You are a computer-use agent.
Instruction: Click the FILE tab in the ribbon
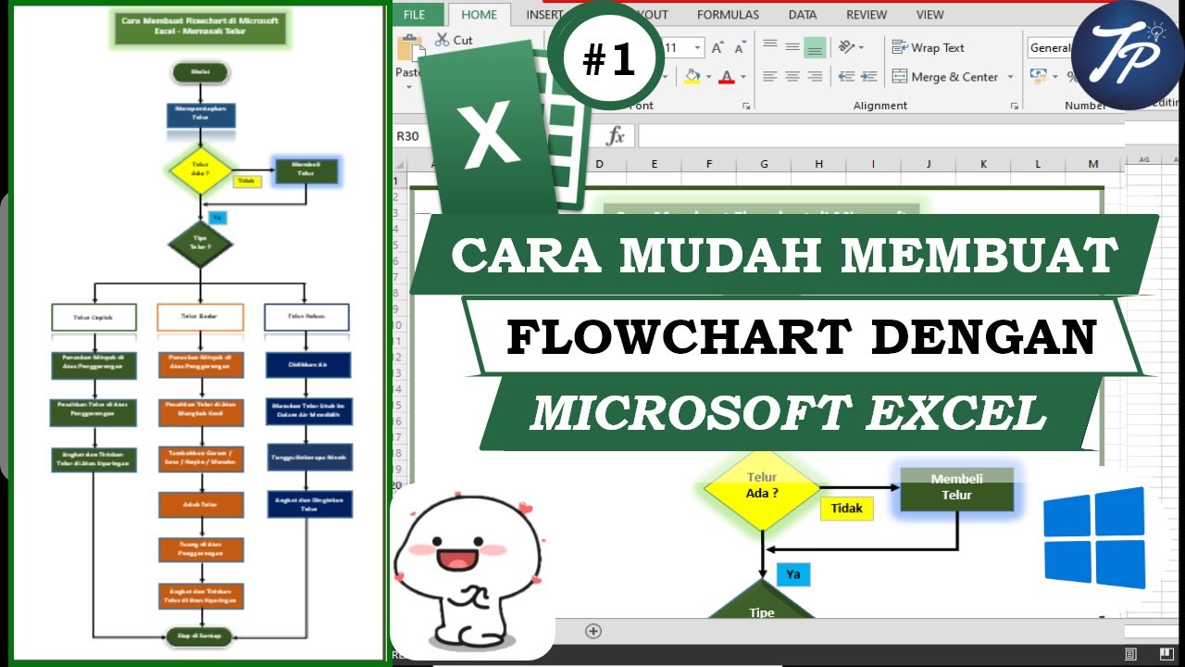[x=414, y=15]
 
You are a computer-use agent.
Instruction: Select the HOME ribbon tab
[x=479, y=15]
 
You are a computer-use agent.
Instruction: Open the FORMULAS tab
[x=728, y=15]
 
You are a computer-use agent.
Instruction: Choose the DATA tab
[x=803, y=15]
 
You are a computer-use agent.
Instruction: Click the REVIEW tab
[x=867, y=15]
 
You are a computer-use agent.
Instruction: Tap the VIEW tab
[x=929, y=15]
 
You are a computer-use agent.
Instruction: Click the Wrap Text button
[x=928, y=48]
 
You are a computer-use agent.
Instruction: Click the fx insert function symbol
[x=616, y=136]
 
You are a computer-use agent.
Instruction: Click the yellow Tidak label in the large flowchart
[x=846, y=508]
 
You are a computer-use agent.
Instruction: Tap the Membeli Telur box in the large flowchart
[x=956, y=488]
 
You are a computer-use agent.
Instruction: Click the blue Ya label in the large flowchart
[x=793, y=574]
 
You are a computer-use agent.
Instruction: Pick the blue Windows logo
[x=1094, y=538]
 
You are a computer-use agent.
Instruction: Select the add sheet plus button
[x=593, y=631]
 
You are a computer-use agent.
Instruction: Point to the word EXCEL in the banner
[x=954, y=413]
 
